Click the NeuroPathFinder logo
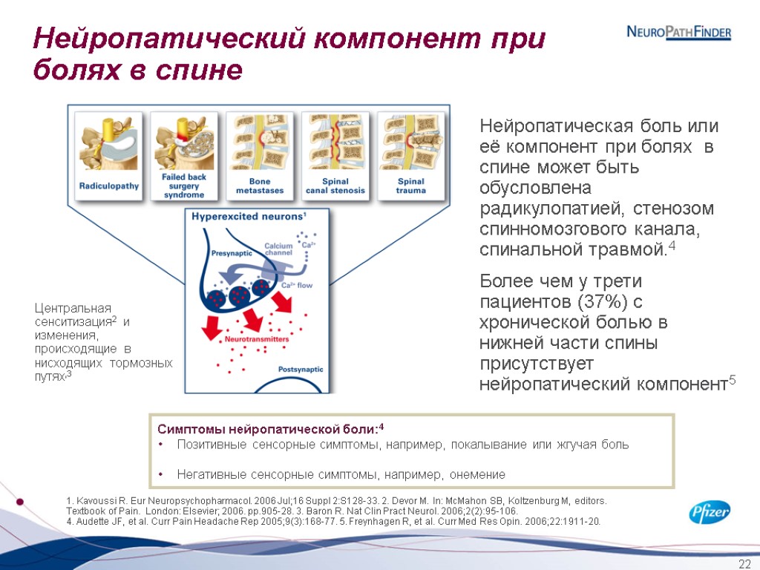pos(679,33)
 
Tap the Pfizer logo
pos(710,512)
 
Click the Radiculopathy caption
pos(109,186)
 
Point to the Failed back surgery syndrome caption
pos(183,186)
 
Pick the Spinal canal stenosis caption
pos(335,186)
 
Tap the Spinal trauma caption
pos(411,186)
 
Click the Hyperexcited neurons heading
pos(249,217)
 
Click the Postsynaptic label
pos(301,369)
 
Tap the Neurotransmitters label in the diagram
pos(256,339)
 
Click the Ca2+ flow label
pos(298,285)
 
